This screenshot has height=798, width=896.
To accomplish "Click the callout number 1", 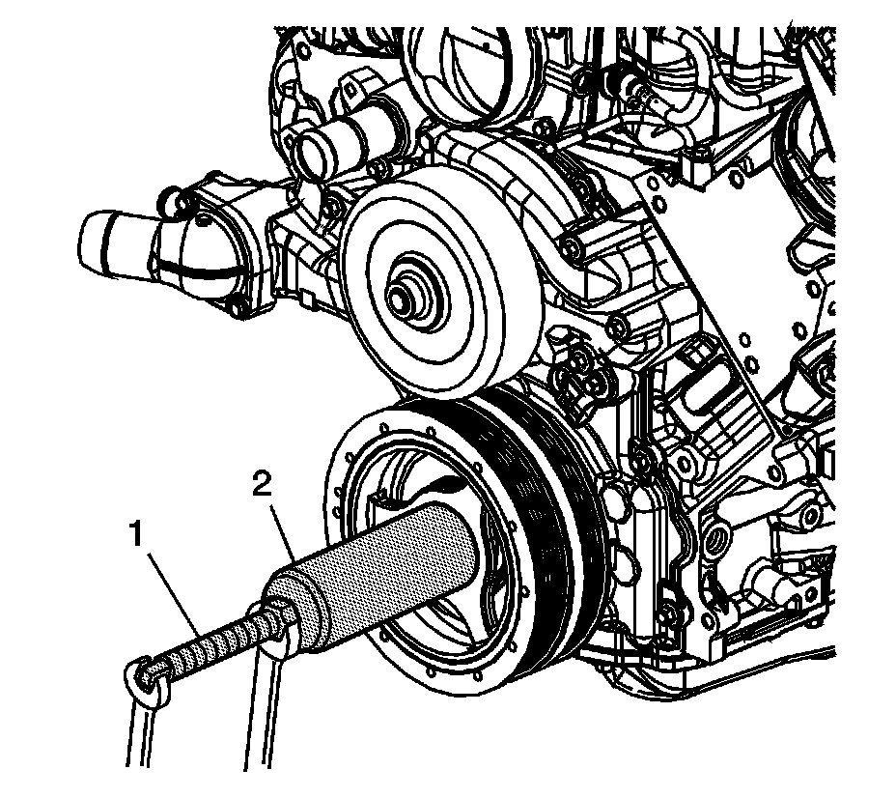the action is pos(139,533).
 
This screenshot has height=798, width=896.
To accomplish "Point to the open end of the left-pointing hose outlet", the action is pos(91,238).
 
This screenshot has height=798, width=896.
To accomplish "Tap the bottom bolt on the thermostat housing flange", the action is pos(235,309).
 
